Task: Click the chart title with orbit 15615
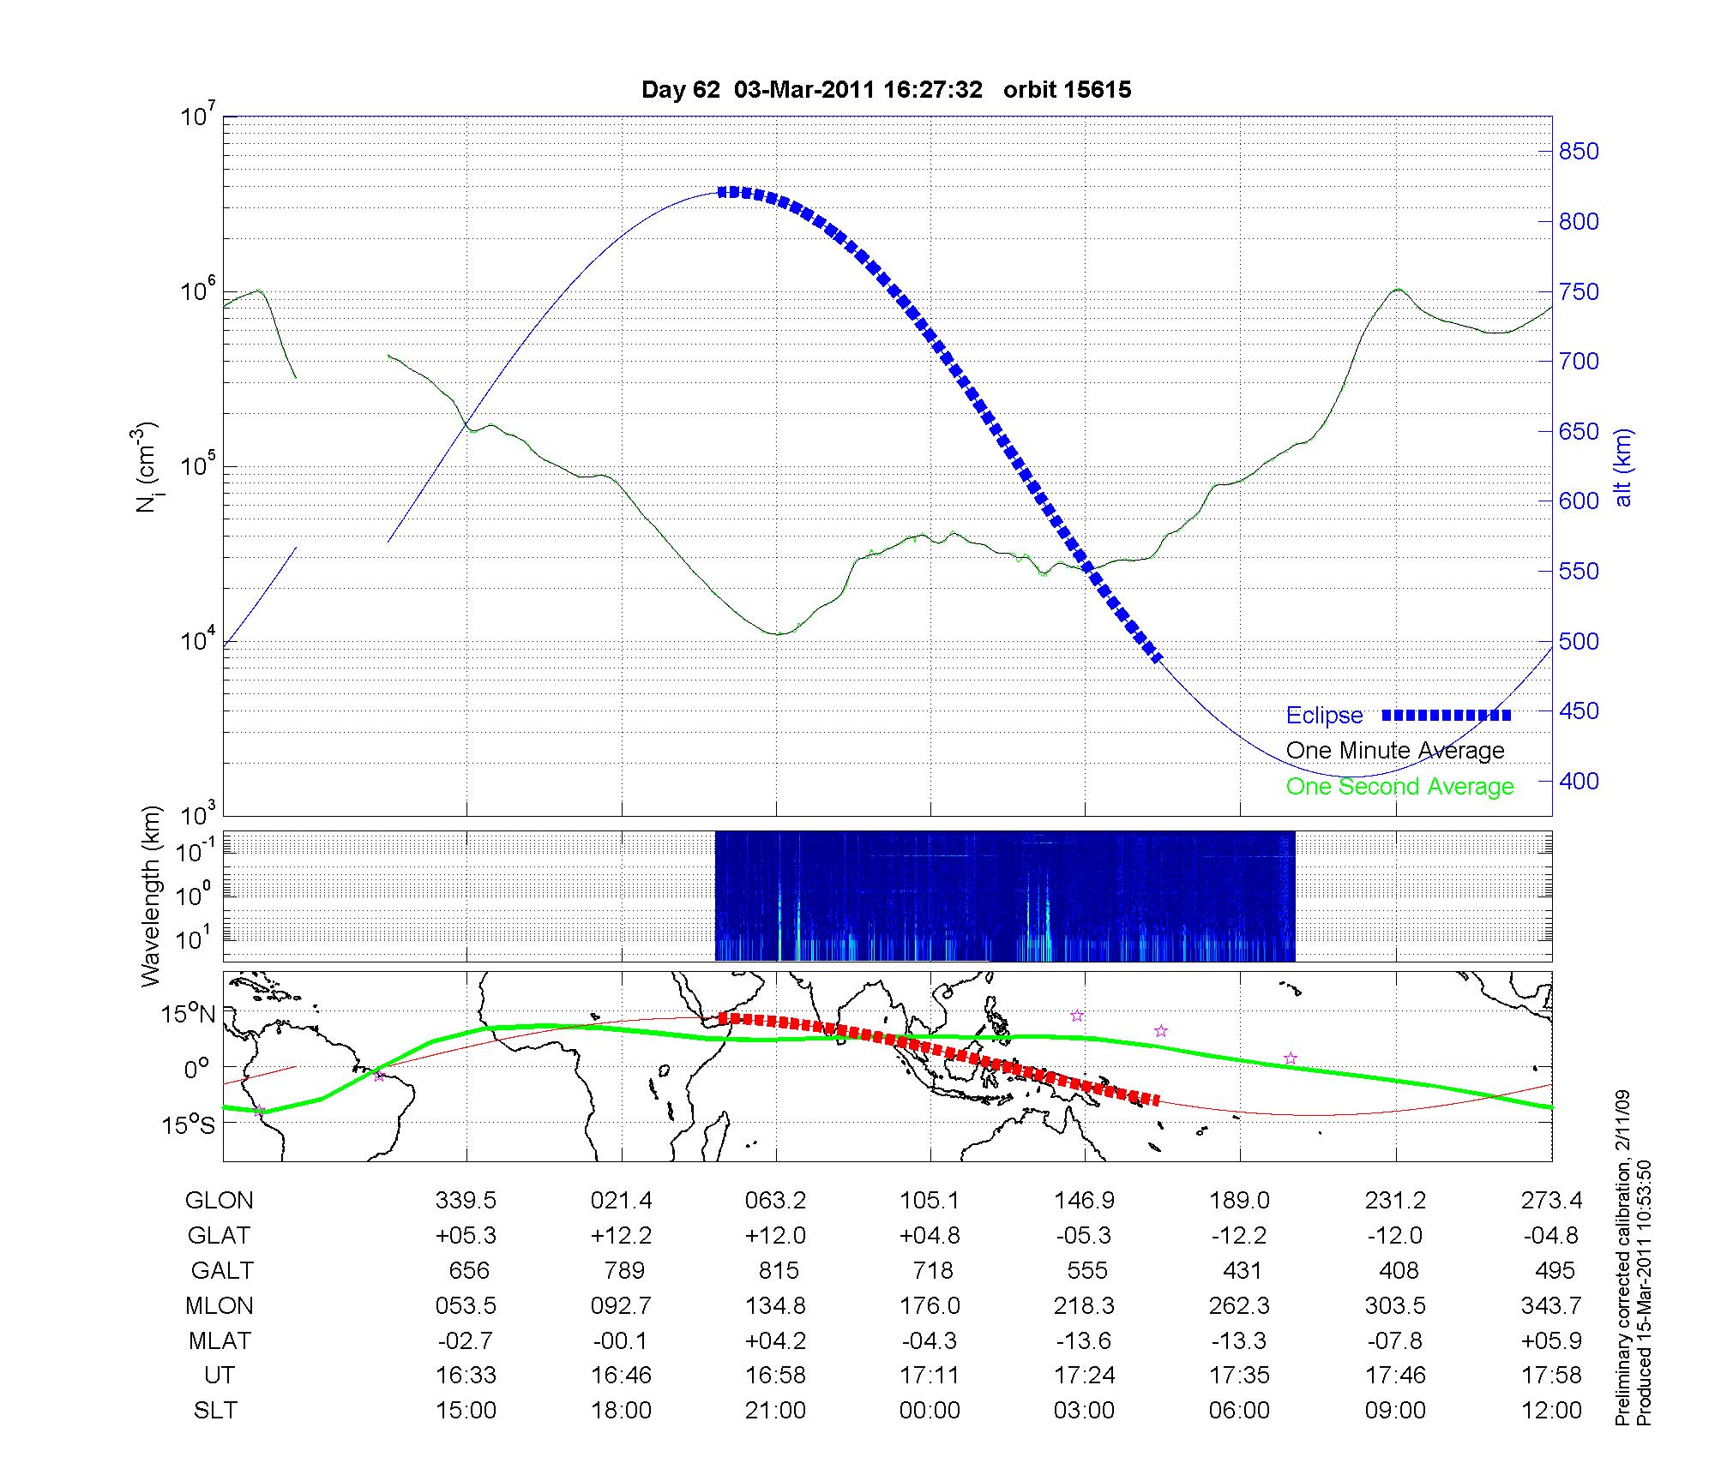(x=886, y=90)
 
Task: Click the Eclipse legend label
(x=1324, y=716)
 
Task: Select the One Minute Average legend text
(x=1395, y=751)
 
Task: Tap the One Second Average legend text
(x=1399, y=787)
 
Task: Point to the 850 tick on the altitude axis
(x=1579, y=152)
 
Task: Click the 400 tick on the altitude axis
(x=1579, y=781)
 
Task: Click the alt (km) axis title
(x=1623, y=467)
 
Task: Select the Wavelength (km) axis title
(x=152, y=896)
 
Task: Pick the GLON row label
(x=220, y=1200)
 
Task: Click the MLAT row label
(x=220, y=1340)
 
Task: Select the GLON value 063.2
(x=775, y=1200)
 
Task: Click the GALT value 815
(x=778, y=1270)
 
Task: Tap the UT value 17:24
(x=1085, y=1376)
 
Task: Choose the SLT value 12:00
(x=1551, y=1411)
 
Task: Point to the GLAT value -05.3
(x=1084, y=1235)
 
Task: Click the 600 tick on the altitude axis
(x=1579, y=501)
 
